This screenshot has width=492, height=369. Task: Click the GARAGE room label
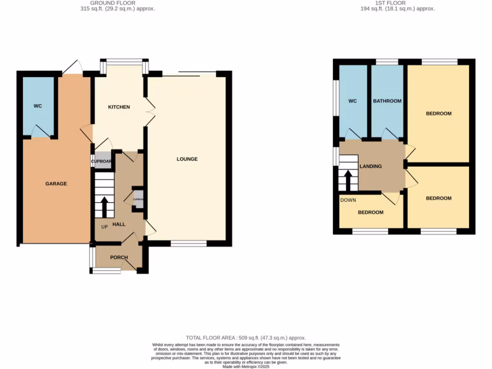click(x=56, y=184)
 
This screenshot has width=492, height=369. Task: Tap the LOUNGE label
click(x=187, y=159)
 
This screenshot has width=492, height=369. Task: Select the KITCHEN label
click(x=119, y=107)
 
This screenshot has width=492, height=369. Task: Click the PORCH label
click(x=119, y=258)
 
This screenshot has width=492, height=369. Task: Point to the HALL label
click(x=119, y=224)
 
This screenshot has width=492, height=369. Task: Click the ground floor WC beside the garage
click(x=38, y=106)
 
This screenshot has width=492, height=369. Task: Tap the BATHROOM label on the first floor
click(x=387, y=101)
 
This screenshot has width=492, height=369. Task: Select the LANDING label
click(x=370, y=166)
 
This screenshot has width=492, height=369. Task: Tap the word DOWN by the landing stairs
click(x=348, y=200)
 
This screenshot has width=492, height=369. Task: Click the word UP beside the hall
click(x=104, y=226)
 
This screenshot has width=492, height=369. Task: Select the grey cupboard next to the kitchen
click(x=101, y=161)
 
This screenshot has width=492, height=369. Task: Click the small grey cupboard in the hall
click(x=138, y=199)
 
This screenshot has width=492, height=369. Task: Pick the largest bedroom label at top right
click(x=439, y=113)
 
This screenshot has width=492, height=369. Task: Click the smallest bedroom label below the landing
click(x=370, y=212)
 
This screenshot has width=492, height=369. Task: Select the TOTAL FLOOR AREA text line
click(x=246, y=338)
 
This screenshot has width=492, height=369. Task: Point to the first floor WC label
click(x=352, y=101)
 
